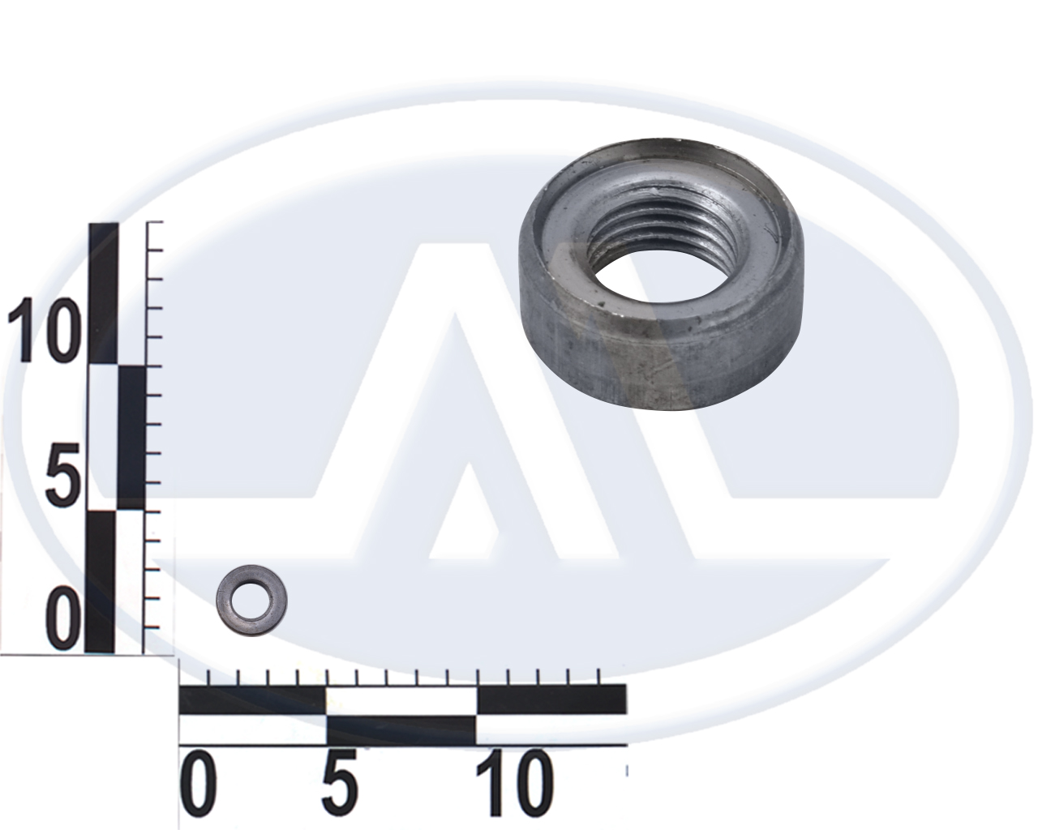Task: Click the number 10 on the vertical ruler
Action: (x=41, y=330)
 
